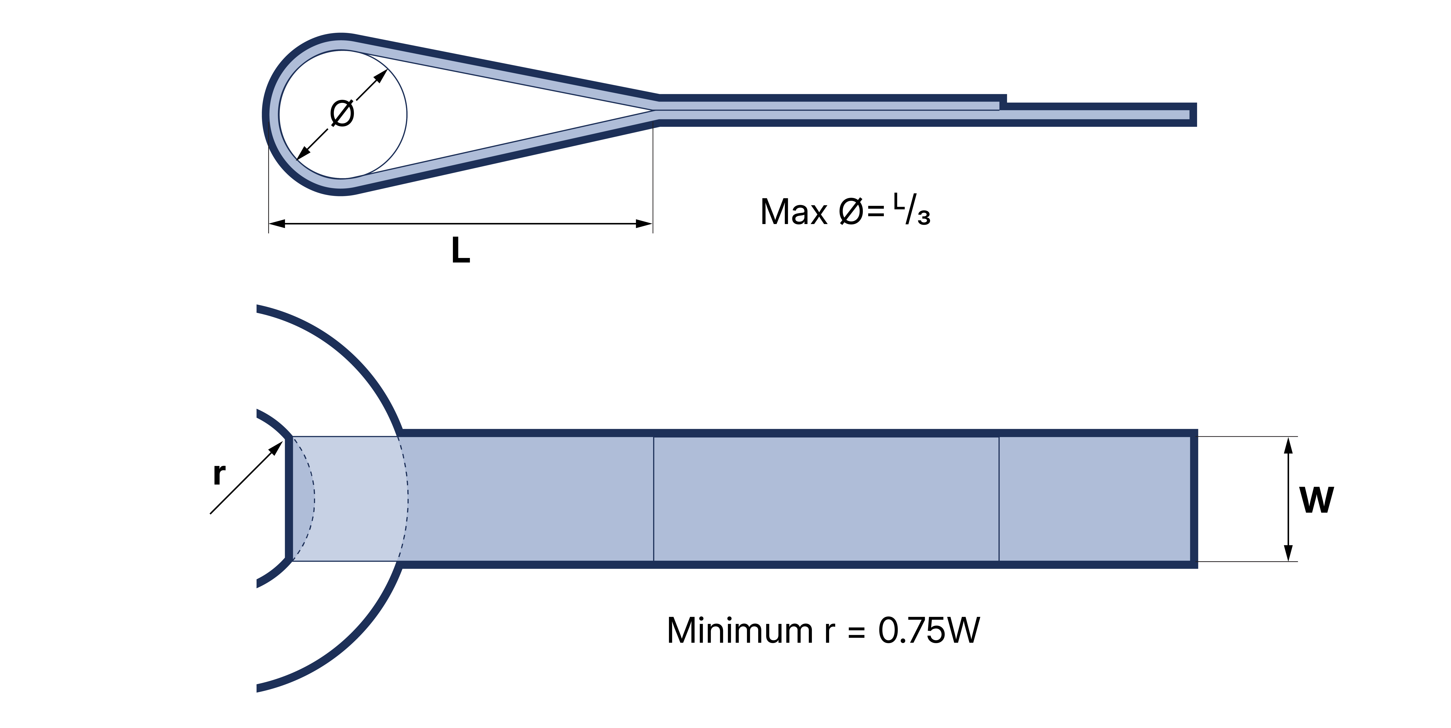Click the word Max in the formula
794,212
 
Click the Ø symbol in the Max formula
850,212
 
